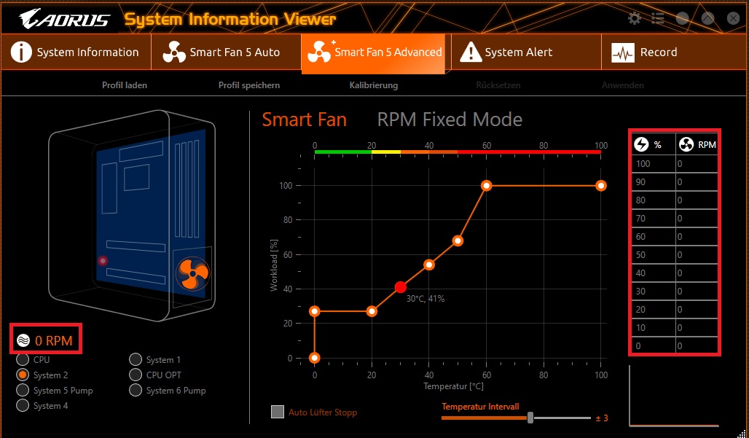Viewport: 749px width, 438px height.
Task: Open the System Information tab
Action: [76, 52]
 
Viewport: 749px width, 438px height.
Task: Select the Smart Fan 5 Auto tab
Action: [226, 52]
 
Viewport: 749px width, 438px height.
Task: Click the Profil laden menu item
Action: [125, 85]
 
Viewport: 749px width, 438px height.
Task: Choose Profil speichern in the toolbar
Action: [249, 85]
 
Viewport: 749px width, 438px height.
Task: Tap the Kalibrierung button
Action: [373, 85]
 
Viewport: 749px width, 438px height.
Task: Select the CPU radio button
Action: [23, 359]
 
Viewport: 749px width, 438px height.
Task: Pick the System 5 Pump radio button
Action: [23, 391]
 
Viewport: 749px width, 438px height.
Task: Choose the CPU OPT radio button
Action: [136, 375]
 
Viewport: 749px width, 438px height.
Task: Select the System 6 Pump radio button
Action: [136, 391]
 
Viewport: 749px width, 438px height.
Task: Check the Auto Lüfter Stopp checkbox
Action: [278, 412]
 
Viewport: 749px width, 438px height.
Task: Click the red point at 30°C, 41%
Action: [400, 287]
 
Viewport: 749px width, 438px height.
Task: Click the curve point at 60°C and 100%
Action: [487, 186]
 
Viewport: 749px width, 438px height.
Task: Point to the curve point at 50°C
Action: [458, 240]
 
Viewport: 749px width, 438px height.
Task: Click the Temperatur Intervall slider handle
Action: [530, 418]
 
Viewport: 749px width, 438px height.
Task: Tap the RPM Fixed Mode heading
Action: [450, 120]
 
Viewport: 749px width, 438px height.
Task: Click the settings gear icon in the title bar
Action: [635, 19]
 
